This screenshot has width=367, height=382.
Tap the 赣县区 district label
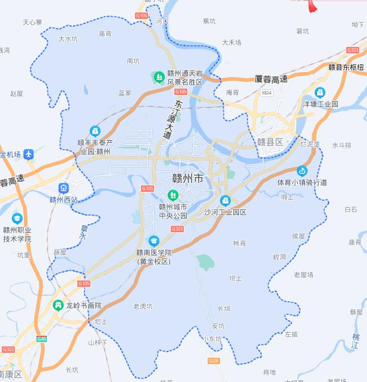pos(271,142)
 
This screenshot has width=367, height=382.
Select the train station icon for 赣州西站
pos(63,188)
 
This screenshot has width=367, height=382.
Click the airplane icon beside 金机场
pos(29,154)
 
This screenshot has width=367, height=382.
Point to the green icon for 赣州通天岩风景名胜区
pos(159,77)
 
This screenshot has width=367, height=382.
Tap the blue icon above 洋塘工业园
pos(320,93)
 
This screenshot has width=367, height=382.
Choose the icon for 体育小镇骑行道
pos(302,171)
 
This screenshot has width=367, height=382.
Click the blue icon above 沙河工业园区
pos(225,201)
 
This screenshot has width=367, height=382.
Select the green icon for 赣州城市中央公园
pos(173,194)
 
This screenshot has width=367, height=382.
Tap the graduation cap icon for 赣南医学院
pos(154,241)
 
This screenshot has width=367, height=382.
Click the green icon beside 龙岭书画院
pos(58,305)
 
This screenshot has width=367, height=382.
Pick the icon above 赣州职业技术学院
pos(17,219)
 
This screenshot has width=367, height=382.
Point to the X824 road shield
pos(266,93)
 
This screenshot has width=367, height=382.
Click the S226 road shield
pos(214,361)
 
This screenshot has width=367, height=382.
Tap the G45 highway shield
pos(41,339)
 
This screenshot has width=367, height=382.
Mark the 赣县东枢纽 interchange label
pos(346,67)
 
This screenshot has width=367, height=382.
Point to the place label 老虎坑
pos(143,307)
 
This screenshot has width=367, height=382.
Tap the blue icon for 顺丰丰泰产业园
pos(95,131)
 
